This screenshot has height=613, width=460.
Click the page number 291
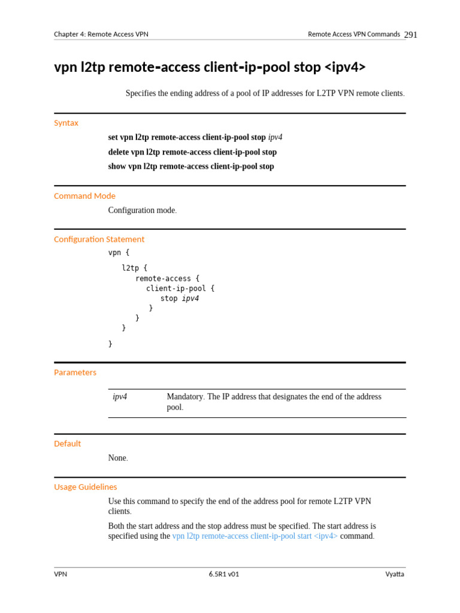click(x=410, y=35)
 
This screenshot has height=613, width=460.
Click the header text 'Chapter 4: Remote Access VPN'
click(x=101, y=34)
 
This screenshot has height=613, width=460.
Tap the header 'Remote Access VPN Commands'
click(x=353, y=34)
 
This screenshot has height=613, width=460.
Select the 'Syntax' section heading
click(x=66, y=123)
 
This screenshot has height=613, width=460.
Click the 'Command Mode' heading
click(x=84, y=196)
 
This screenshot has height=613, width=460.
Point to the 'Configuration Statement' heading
click(x=99, y=239)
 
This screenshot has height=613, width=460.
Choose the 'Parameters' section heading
click(x=75, y=372)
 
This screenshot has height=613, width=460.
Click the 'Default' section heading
click(x=67, y=444)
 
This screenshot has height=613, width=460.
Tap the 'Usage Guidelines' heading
click(x=85, y=487)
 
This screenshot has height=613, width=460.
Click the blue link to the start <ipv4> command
click(x=255, y=536)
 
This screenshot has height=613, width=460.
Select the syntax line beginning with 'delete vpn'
click(x=192, y=152)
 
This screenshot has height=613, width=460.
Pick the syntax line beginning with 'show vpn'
click(x=191, y=166)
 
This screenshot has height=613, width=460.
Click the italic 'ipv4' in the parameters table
click(x=120, y=396)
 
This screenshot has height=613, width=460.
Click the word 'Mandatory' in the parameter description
click(x=184, y=396)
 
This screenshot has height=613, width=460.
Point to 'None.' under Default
click(x=118, y=458)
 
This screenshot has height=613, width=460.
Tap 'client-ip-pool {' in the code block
click(x=180, y=289)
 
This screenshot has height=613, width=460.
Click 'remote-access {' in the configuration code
click(x=167, y=278)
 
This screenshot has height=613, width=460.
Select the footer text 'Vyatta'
click(x=395, y=574)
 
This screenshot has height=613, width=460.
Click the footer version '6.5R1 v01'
click(x=224, y=574)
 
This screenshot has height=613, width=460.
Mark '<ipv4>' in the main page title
click(x=345, y=67)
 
